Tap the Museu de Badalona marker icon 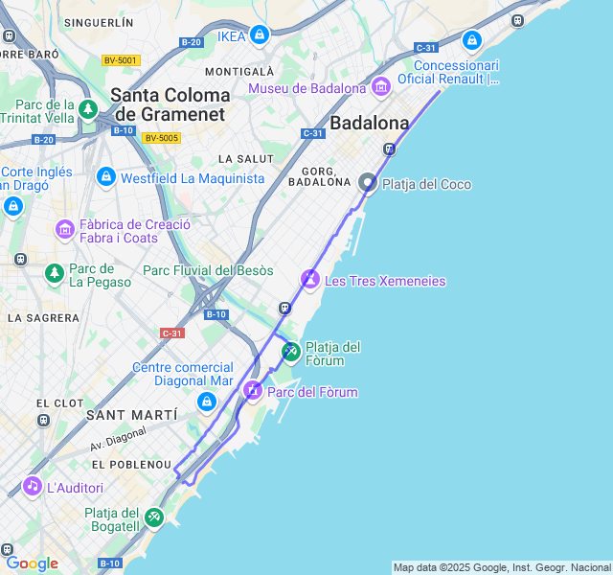click(x=381, y=88)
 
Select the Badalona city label click(x=369, y=123)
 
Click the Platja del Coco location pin click(x=367, y=182)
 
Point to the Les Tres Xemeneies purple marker click(x=309, y=280)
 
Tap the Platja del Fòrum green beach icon click(x=290, y=352)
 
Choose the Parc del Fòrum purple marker click(x=253, y=390)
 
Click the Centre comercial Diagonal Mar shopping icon click(x=206, y=402)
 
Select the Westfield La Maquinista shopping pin click(x=105, y=177)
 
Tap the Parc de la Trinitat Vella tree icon click(x=89, y=109)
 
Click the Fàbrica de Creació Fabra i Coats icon click(x=65, y=229)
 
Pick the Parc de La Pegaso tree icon click(x=55, y=274)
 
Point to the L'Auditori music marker click(x=33, y=487)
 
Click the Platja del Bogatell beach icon click(x=153, y=517)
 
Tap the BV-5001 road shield click(x=121, y=60)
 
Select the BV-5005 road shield click(x=161, y=138)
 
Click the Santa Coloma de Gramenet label click(x=170, y=104)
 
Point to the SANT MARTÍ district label click(x=131, y=415)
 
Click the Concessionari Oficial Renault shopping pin click(x=471, y=41)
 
